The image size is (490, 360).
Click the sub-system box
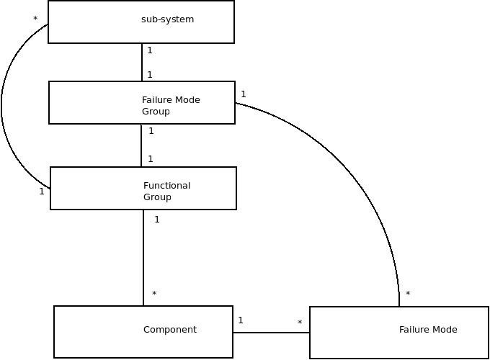[141, 22]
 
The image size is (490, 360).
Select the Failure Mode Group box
[142, 102]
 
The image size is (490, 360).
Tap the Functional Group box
[143, 189]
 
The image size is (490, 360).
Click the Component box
[143, 332]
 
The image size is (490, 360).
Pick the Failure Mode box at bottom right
[399, 333]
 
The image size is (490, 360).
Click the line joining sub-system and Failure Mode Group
[142, 63]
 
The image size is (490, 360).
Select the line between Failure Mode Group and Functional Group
[141, 145]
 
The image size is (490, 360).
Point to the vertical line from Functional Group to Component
[143, 258]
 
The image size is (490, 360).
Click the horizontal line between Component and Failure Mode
[271, 333]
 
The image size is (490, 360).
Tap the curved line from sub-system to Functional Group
[2, 108]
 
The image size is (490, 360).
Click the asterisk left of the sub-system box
[35, 19]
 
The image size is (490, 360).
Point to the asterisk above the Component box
[154, 294]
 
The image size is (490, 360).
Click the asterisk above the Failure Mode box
[408, 294]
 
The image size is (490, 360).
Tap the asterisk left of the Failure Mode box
[300, 323]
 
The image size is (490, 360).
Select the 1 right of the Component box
[241, 320]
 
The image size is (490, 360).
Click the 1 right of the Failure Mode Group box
[244, 94]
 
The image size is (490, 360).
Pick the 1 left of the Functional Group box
[42, 192]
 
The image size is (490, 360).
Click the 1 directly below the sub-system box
[150, 50]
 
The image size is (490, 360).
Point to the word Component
[170, 330]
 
